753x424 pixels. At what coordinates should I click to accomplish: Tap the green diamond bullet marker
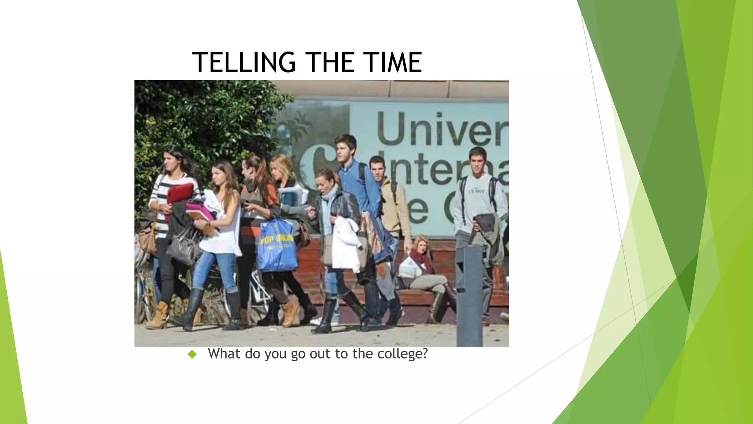click(192, 354)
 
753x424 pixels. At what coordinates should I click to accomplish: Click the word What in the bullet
click(224, 354)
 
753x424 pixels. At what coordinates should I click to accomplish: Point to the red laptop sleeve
click(180, 193)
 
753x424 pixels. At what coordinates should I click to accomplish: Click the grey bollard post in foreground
click(469, 294)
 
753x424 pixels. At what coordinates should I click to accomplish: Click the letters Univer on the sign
click(441, 129)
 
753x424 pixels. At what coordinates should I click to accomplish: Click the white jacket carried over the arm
click(346, 243)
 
